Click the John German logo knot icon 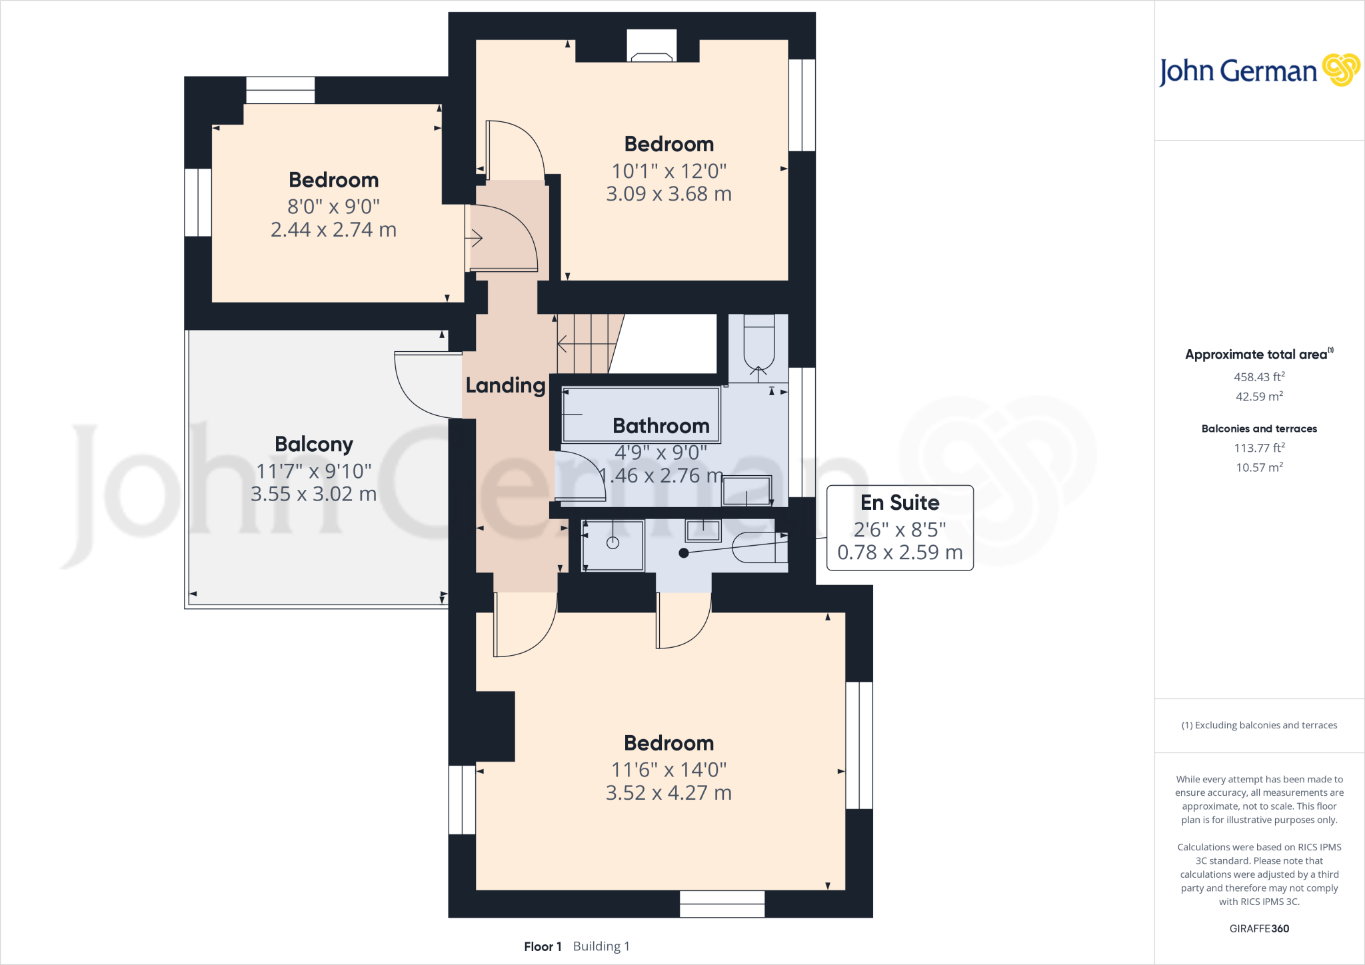(x=1340, y=70)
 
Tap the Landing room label (x=505, y=385)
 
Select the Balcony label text (x=313, y=444)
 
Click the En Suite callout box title (x=899, y=502)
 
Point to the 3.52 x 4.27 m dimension (x=669, y=792)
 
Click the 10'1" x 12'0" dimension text (x=669, y=171)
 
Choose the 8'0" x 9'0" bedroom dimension (x=333, y=207)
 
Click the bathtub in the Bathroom (x=640, y=413)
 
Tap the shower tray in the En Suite (x=613, y=545)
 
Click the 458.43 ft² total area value (x=1258, y=377)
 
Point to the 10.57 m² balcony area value (x=1258, y=467)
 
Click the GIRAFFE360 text (x=1258, y=928)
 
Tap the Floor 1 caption (x=543, y=946)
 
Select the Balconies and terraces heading (x=1258, y=429)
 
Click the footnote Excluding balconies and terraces (x=1258, y=725)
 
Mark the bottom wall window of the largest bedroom (x=722, y=904)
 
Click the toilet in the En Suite (x=760, y=546)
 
